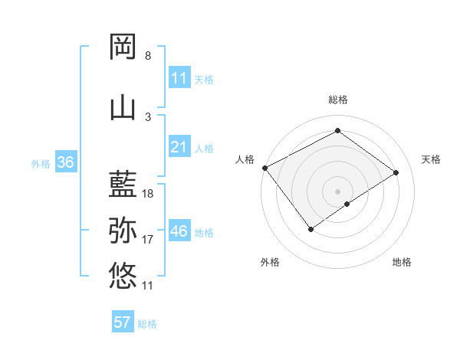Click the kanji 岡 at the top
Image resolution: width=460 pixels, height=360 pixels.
[x=123, y=47]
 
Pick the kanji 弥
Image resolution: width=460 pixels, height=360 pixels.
[x=123, y=229]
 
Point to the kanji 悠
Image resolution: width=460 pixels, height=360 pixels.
[x=123, y=273]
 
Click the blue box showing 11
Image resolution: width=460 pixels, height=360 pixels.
[x=179, y=77]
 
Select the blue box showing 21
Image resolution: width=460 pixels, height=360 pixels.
[x=179, y=147]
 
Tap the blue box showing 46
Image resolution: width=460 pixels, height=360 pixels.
[x=179, y=231]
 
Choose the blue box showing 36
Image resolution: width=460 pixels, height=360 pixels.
[x=65, y=162]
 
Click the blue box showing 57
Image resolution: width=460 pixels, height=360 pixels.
[x=123, y=322]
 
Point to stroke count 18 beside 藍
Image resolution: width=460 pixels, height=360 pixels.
[x=149, y=194]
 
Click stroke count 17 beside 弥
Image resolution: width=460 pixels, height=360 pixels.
[x=148, y=240]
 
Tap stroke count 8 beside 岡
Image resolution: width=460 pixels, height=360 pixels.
[x=148, y=56]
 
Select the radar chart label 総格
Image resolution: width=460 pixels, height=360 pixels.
[x=337, y=100]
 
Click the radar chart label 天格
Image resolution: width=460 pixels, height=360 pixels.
[x=432, y=159]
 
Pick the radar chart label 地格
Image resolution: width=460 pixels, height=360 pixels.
[x=402, y=262]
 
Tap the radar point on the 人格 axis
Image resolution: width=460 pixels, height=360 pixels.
[x=264, y=168]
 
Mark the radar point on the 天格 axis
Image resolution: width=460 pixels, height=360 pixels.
[x=396, y=172]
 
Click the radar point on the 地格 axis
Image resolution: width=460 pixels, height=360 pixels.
[x=347, y=204]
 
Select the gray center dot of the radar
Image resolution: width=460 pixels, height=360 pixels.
[x=337, y=190]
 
